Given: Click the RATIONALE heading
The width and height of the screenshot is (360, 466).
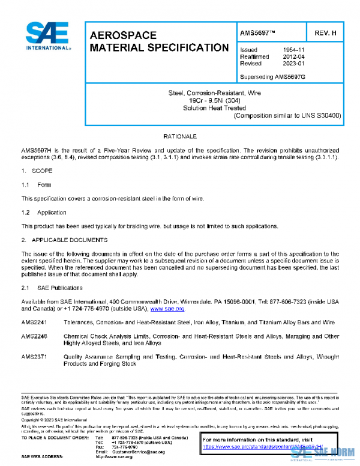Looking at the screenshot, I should click(179, 138).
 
